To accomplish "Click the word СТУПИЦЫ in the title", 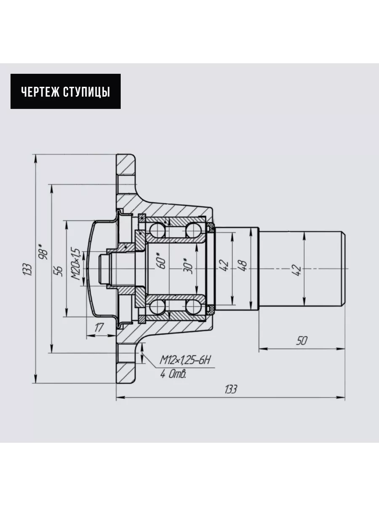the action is coord(86,92).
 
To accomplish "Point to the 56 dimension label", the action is coord(59,271).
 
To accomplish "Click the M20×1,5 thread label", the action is coord(76,264).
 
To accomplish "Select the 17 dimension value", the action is coord(99,327).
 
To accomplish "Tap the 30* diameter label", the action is coord(189,266).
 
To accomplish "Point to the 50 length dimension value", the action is coord(302,340).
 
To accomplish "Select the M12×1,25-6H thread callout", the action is coord(185,360).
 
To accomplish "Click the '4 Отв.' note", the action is coord(173,374).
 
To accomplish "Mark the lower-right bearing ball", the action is coord(194,307).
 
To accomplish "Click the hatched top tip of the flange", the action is coord(125,164).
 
